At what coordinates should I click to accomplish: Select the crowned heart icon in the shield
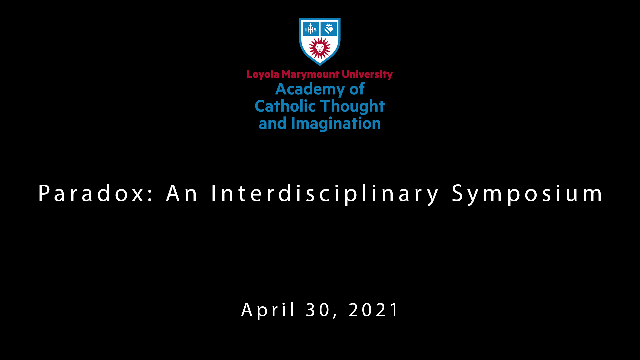point(329,29)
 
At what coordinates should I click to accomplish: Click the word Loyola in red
point(263,74)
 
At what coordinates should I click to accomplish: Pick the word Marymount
point(311,74)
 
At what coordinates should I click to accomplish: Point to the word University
point(367,74)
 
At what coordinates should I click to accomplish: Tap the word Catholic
point(285,106)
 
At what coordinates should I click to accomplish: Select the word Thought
point(352,107)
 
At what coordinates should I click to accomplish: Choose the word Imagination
point(336,124)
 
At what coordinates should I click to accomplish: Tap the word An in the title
point(182,193)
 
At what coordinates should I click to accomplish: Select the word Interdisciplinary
point(325,194)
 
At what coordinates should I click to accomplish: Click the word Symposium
point(527,194)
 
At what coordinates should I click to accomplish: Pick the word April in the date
point(268,310)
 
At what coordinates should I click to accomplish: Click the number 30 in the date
point(318,310)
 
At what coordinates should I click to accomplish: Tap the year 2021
point(373,310)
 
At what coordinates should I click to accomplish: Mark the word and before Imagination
point(273,123)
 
